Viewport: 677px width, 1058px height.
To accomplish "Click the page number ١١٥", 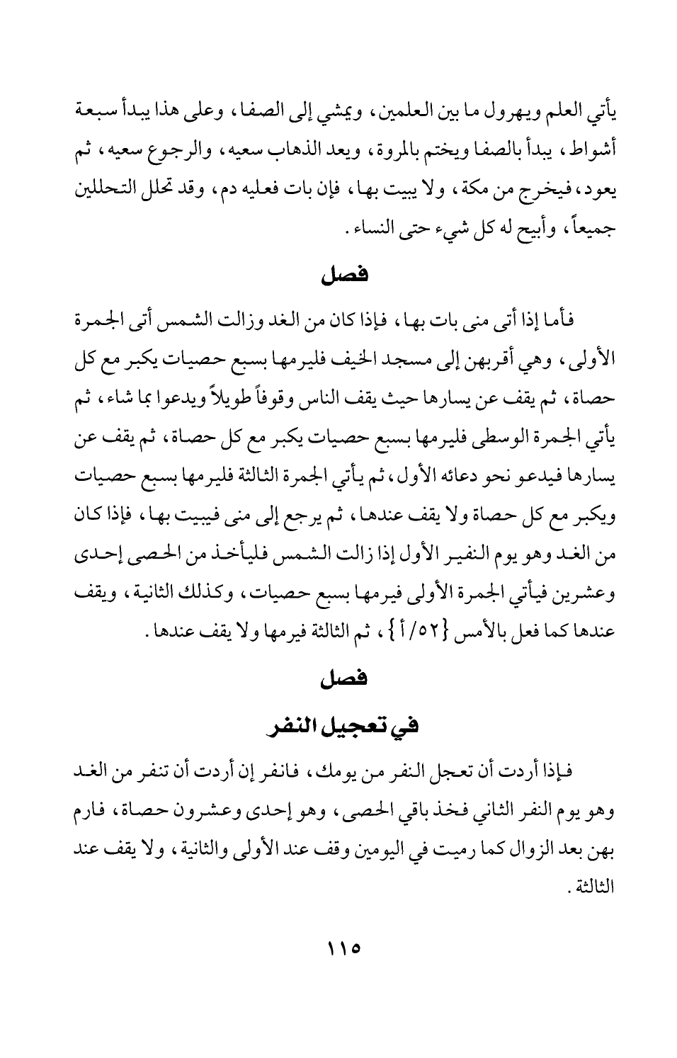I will (x=339, y=947).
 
